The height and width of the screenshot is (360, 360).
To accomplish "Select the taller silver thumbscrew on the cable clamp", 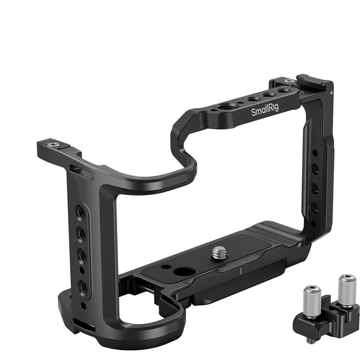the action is pos(347,290).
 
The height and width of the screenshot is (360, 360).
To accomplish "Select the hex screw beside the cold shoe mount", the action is pos(288,81).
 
